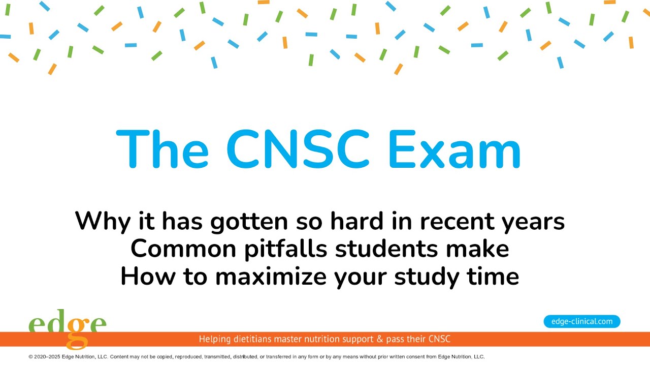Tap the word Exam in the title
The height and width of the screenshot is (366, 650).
454,149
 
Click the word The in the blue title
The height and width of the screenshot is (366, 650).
162,149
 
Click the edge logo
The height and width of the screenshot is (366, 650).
67,326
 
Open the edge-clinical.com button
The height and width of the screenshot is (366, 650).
582,321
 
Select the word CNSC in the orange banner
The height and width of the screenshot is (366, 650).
439,339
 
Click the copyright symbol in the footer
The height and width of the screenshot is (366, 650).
31,357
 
